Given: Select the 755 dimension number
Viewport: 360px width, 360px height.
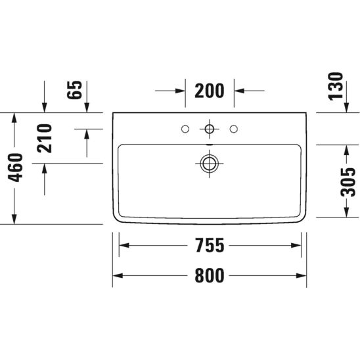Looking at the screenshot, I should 210,246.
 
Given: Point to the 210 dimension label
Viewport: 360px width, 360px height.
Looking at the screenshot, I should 45,138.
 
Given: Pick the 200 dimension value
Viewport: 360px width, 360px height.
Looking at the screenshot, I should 210,91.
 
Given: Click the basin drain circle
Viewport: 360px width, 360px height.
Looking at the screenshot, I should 210,162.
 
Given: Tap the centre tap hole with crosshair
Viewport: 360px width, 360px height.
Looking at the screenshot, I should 210,128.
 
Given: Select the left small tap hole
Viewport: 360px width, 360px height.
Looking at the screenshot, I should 185,128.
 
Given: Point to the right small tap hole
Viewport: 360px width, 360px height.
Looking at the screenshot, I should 234,128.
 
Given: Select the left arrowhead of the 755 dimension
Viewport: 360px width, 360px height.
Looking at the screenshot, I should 122,246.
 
